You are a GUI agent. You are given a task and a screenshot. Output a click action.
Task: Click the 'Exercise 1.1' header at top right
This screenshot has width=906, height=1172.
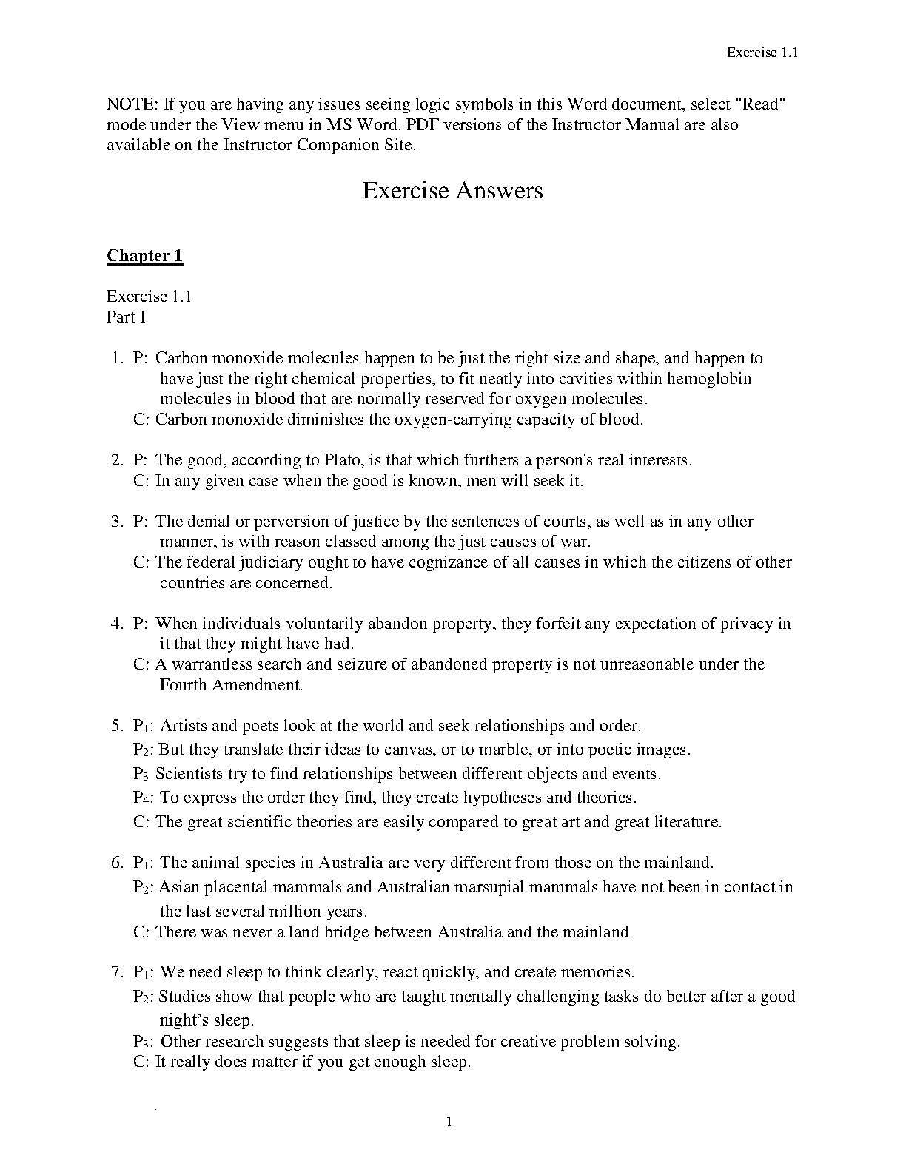click(x=761, y=53)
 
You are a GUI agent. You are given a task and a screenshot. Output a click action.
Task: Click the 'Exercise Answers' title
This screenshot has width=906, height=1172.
click(x=452, y=191)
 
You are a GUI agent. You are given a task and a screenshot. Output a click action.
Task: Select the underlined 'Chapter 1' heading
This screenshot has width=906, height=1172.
click(x=144, y=256)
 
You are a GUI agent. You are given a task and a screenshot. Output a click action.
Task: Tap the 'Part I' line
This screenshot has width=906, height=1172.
click(x=127, y=317)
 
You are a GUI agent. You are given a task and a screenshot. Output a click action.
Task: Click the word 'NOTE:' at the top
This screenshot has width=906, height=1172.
click(x=131, y=104)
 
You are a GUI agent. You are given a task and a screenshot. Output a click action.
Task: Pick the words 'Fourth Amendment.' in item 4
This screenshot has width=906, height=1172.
click(x=232, y=685)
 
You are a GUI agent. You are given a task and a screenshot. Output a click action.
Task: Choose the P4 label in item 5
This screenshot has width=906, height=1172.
click(x=143, y=798)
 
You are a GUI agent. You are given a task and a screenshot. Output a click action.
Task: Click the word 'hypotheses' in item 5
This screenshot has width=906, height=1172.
click(x=503, y=798)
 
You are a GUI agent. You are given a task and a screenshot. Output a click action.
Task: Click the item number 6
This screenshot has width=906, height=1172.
click(x=117, y=863)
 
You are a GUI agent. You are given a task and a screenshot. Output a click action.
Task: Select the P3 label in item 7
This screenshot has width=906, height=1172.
click(x=143, y=1043)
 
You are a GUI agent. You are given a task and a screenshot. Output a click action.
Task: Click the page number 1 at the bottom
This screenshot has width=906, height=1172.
click(x=449, y=1122)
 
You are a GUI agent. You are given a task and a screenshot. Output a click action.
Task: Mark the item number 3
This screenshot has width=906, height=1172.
click(x=117, y=522)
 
